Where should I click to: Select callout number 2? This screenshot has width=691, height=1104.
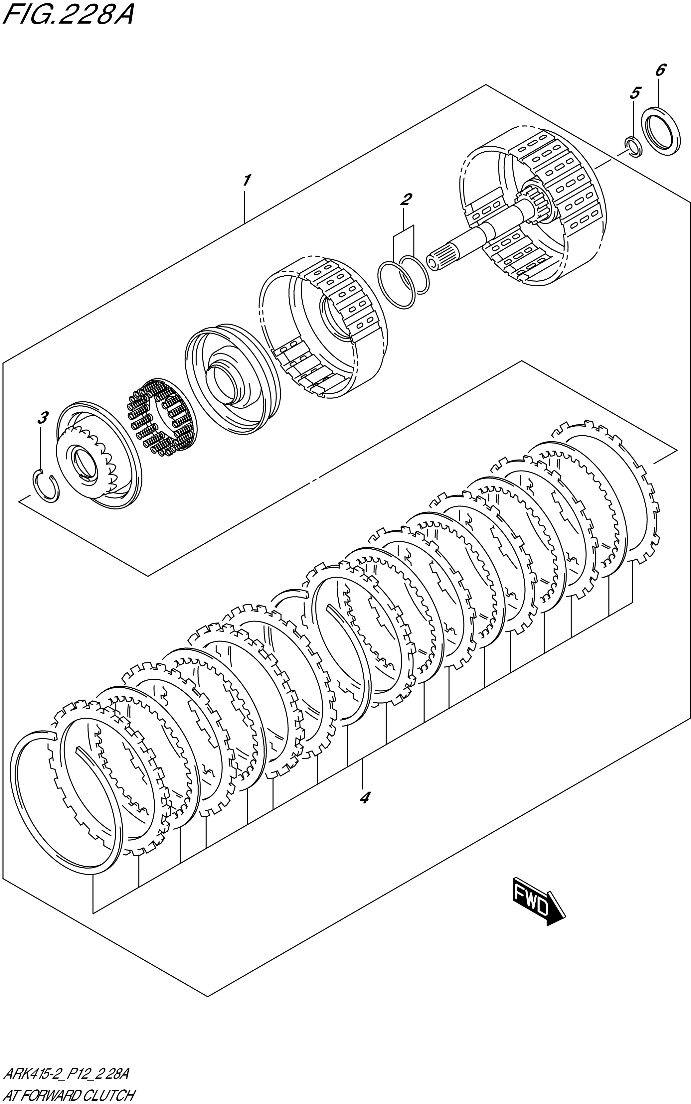pos(405,199)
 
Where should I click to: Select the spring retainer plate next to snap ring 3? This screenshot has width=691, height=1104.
pos(98,457)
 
